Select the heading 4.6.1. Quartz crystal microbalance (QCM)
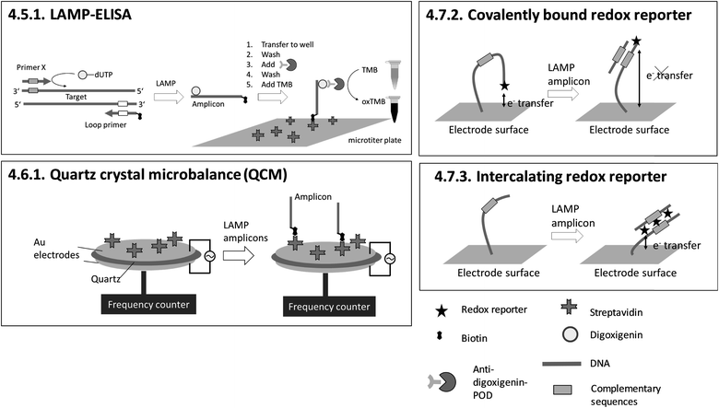pyautogui.click(x=146, y=174)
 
